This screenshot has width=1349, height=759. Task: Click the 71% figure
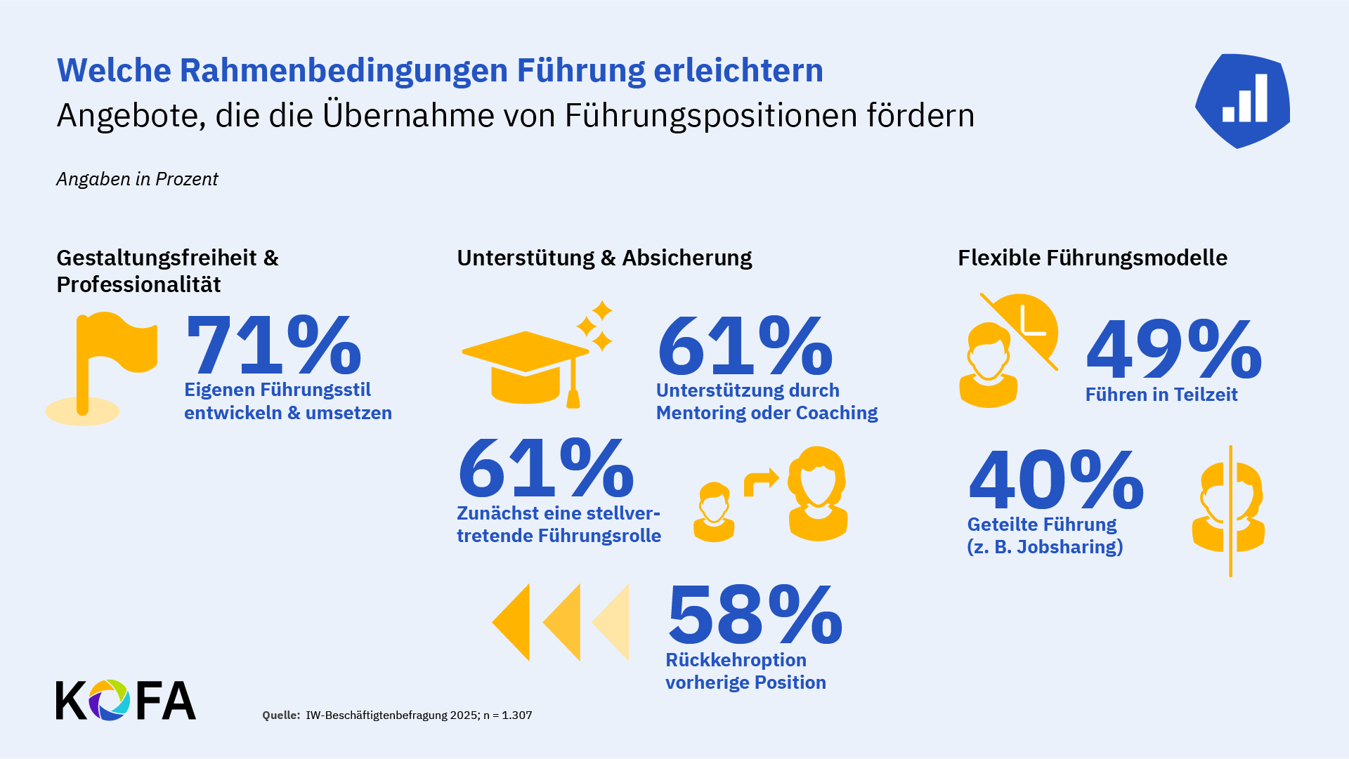[x=273, y=345]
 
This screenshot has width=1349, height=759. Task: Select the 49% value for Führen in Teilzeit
[x=1173, y=349]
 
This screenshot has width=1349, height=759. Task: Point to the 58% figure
[x=755, y=614]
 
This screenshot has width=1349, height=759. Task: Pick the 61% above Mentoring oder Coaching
[x=745, y=345]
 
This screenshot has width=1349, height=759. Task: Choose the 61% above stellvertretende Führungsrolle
[x=546, y=468]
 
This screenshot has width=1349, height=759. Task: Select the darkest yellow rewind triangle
[x=512, y=622]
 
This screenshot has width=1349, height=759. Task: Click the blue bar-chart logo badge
[x=1243, y=100]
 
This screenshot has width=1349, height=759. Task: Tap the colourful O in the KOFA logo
[x=109, y=700]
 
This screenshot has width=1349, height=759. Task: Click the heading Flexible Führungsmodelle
[x=1093, y=258]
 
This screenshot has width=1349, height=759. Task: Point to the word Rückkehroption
[x=736, y=660]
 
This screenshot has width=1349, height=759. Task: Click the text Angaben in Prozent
[x=137, y=179]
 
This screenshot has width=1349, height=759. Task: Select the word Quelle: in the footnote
[x=281, y=715]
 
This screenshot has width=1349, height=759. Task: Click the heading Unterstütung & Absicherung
[x=604, y=258]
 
